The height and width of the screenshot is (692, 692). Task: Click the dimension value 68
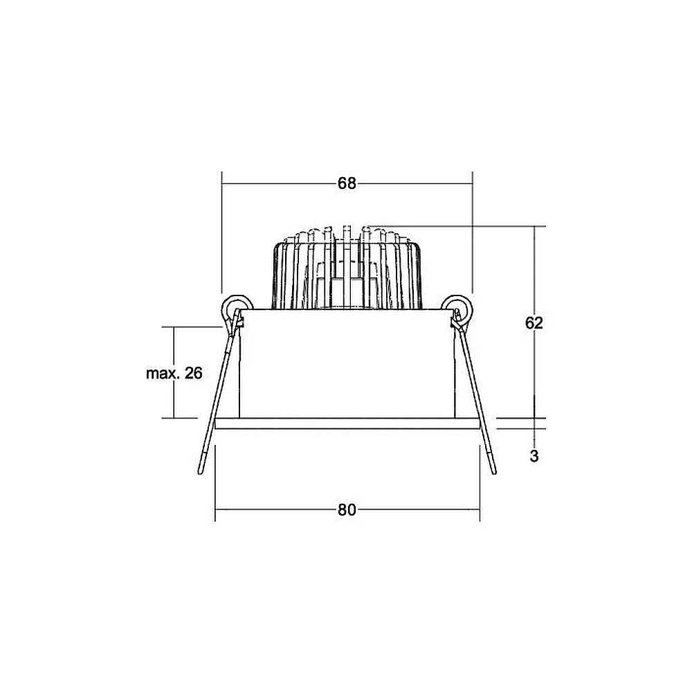point(347,183)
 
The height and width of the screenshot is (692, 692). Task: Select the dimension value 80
point(347,510)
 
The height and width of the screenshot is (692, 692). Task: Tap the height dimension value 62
point(534,323)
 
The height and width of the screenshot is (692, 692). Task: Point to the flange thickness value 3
point(534,456)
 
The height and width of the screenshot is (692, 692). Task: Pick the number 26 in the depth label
point(193,374)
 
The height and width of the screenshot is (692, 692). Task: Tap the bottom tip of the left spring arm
point(200,473)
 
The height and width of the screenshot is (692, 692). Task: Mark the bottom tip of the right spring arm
point(494,473)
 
